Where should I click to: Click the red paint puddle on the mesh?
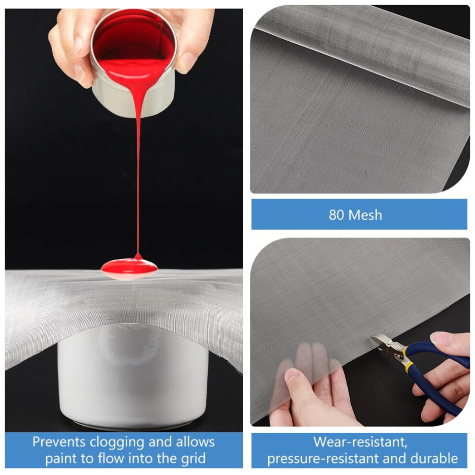point(129,269)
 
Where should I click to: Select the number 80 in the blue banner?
point(336,215)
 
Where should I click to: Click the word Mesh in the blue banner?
point(365,215)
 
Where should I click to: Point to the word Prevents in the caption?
point(59,442)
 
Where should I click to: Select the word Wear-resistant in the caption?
point(360,442)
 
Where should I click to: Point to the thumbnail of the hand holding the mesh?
point(291,375)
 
